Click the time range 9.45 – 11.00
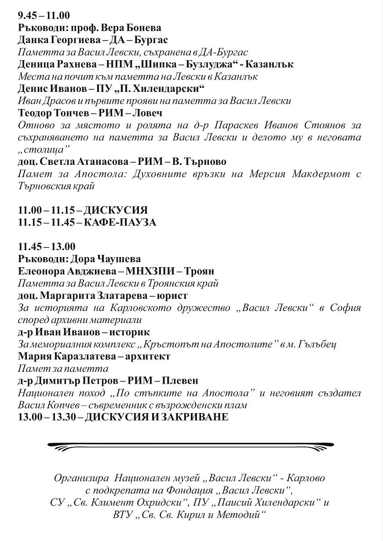coord(44,16)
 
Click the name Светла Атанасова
coord(77,162)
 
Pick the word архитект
coord(147,356)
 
